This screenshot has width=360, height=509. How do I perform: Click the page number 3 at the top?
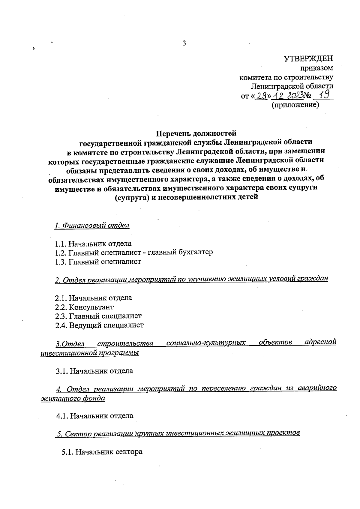tap(184, 43)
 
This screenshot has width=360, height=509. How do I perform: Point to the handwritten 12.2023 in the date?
tap(287, 96)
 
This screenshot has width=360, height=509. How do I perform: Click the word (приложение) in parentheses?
tap(295, 105)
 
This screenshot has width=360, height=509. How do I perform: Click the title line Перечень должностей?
tap(197, 133)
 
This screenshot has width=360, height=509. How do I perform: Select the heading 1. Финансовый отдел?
tap(92, 226)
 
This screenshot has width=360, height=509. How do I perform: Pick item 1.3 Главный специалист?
tap(98, 262)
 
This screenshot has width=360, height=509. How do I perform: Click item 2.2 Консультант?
tap(84, 307)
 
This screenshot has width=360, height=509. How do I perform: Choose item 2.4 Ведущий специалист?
tap(99, 325)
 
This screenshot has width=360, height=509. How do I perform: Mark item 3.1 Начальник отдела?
tap(94, 371)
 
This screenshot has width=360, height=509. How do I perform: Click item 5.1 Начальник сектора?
tap(102, 452)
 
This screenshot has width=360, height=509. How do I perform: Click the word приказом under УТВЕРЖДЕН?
tap(319, 68)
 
